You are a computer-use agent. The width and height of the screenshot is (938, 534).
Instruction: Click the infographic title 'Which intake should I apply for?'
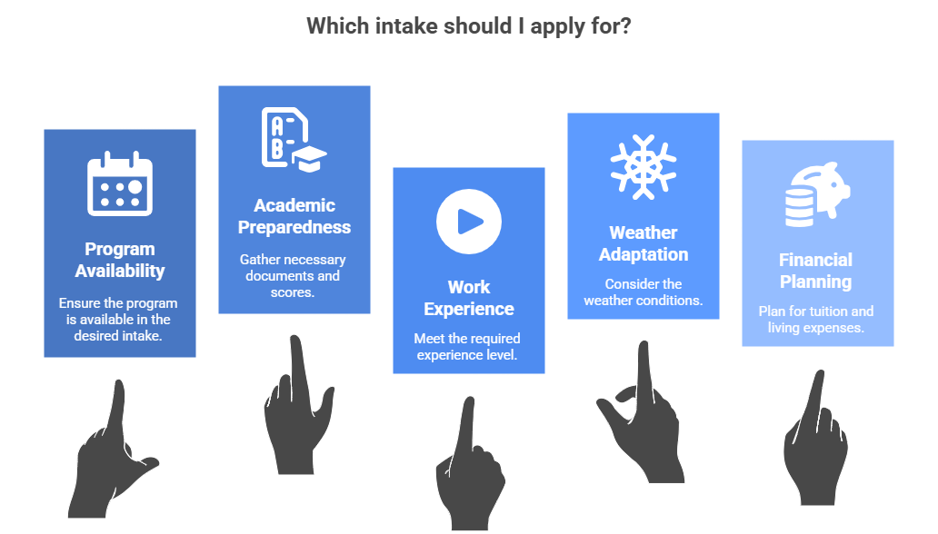[468, 27]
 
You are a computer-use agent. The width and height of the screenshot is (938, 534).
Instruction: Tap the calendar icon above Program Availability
[120, 183]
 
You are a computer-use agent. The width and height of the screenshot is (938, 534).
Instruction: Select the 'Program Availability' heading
[120, 260]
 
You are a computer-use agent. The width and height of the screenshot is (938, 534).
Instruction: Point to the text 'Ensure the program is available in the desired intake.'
[118, 320]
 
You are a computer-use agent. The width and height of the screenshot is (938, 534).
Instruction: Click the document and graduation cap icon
[294, 140]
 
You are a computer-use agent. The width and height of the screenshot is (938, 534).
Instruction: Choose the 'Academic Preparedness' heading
[294, 216]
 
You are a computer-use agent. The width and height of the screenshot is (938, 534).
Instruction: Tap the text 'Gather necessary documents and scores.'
[293, 276]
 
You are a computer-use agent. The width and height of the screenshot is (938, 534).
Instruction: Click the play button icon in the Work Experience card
[469, 222]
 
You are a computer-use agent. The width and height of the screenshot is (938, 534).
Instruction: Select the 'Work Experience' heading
[469, 298]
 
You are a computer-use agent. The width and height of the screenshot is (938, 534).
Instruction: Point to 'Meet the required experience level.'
[467, 346]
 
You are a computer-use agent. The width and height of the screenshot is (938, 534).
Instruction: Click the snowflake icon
[644, 167]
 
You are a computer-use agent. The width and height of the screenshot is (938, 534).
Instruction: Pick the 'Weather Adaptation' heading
[644, 243]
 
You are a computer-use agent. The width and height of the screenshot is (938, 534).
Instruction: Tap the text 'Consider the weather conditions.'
[644, 292]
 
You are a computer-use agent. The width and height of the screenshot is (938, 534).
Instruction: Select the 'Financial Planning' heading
[816, 271]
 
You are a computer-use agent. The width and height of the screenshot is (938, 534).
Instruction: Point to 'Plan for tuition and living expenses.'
[816, 320]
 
